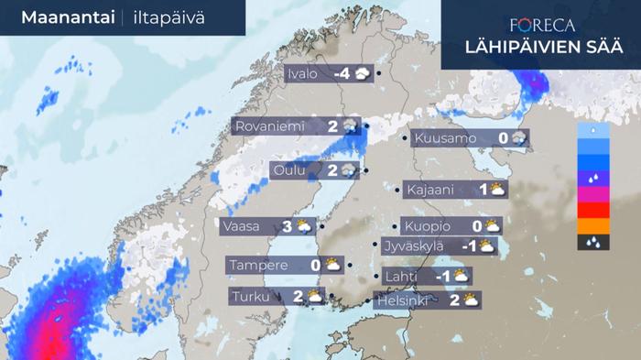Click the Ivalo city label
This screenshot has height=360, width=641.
(x=304, y=74)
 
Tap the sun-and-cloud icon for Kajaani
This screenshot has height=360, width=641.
(x=497, y=190)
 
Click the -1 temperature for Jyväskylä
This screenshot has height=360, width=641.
(x=468, y=245)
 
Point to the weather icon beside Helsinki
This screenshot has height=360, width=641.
(x=473, y=299)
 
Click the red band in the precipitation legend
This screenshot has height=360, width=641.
(x=593, y=210)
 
